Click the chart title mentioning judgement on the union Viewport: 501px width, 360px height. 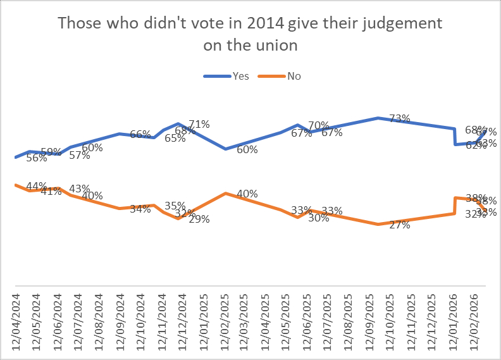pyautogui.click(x=250, y=34)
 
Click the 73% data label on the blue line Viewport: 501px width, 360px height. pyautogui.click(x=400, y=118)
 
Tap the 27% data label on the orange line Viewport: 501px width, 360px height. pyautogui.click(x=400, y=225)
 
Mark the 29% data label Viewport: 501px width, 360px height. pyautogui.click(x=199, y=220)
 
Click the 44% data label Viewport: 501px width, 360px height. pyautogui.click(x=37, y=186)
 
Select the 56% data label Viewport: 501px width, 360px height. pyautogui.click(x=37, y=158)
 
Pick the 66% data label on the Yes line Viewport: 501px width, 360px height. pyautogui.click(x=140, y=134)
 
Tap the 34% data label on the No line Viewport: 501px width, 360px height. pyautogui.click(x=140, y=209)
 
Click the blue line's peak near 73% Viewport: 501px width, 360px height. pyautogui.click(x=378, y=118)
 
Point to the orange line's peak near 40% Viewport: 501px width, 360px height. pyautogui.click(x=226, y=193)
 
